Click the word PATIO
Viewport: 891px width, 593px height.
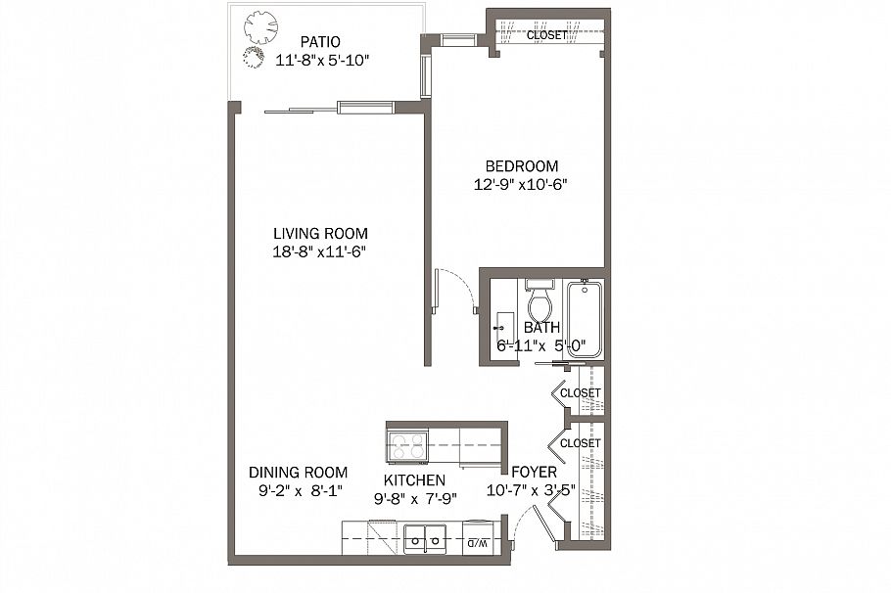(x=320, y=42)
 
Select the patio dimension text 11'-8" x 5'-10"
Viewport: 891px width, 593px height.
(x=322, y=60)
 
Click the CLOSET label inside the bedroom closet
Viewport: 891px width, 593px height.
(x=546, y=35)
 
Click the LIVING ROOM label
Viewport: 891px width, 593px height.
(x=320, y=234)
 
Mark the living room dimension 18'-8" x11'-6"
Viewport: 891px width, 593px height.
(x=320, y=251)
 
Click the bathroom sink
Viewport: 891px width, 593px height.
(x=505, y=324)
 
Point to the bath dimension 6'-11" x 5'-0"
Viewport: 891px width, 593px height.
(x=541, y=344)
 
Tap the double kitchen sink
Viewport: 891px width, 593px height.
(x=425, y=537)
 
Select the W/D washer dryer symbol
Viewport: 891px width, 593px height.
(x=477, y=540)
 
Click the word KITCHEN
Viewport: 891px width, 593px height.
(x=414, y=480)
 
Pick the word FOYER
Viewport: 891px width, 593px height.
(x=536, y=473)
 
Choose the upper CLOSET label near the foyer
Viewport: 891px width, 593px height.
(x=581, y=393)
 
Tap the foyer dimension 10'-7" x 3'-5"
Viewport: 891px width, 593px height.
(x=537, y=490)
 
